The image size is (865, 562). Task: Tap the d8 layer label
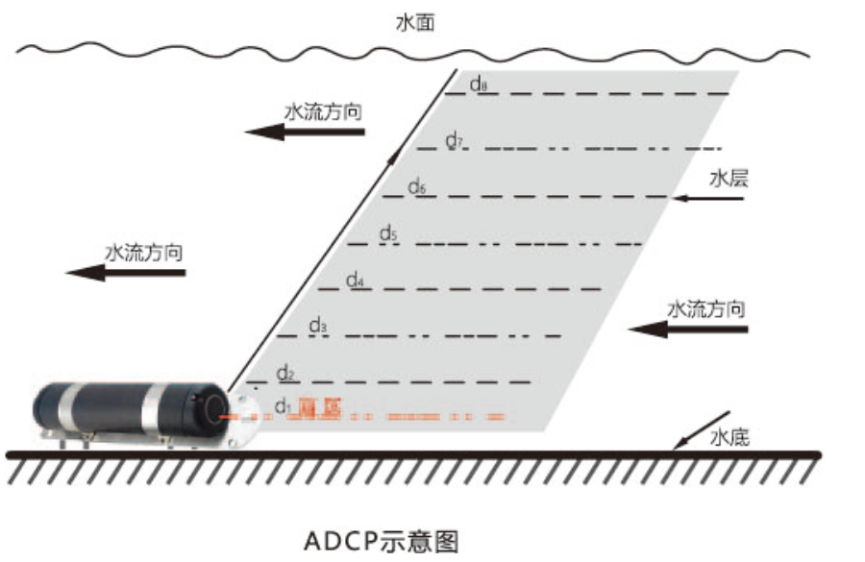(479, 85)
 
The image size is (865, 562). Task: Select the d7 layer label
(454, 140)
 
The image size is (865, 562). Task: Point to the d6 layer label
(416, 186)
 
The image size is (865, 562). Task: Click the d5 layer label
(387, 232)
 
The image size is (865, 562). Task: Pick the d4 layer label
(355, 280)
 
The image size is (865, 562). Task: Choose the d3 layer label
(318, 326)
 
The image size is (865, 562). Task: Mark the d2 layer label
(284, 372)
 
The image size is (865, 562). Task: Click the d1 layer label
(283, 405)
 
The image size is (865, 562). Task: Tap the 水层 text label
(728, 178)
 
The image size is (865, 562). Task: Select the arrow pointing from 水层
(708, 199)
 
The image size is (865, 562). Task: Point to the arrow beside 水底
(693, 429)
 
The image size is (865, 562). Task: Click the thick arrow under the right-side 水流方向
(690, 330)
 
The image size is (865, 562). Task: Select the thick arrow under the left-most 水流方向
(125, 273)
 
